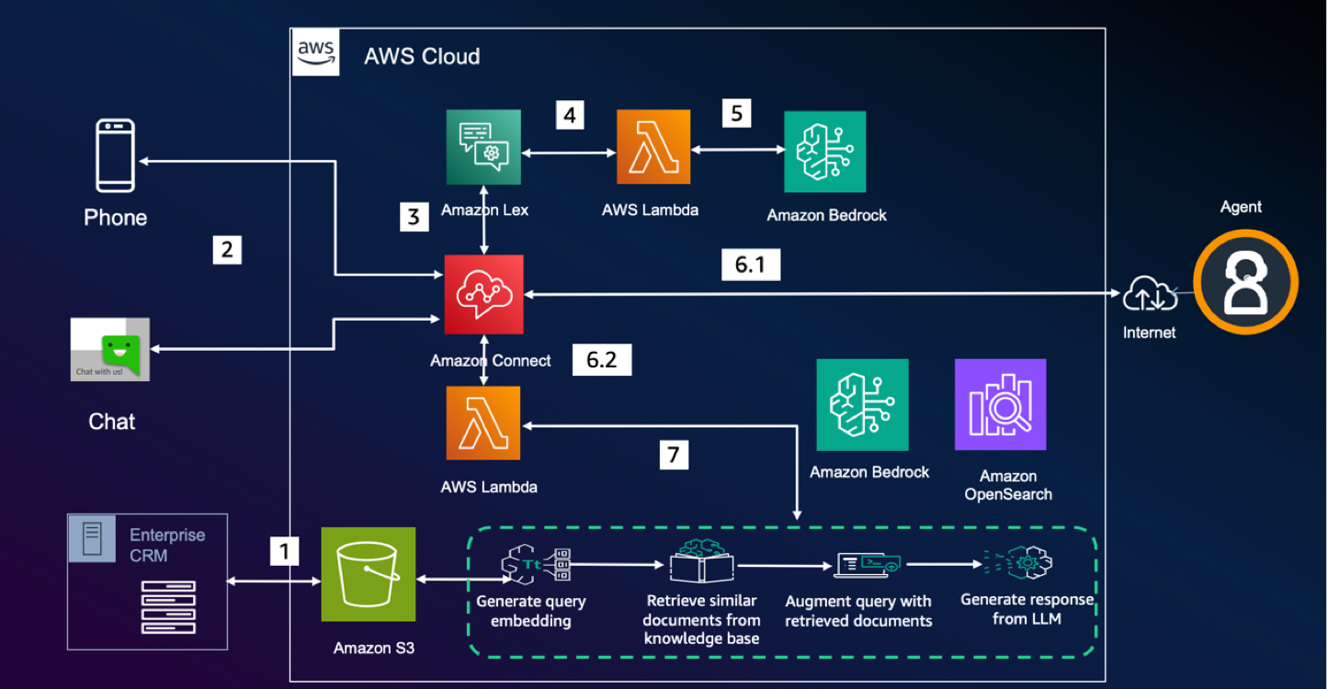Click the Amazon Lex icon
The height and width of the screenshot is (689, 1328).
pyautogui.click(x=483, y=146)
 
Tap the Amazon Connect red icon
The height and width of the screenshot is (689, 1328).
pyautogui.click(x=483, y=294)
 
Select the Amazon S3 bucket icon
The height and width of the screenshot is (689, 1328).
pyautogui.click(x=368, y=574)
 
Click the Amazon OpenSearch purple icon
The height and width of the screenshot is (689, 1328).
pyautogui.click(x=1000, y=404)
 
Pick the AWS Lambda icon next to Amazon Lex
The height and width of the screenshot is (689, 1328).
pyautogui.click(x=653, y=146)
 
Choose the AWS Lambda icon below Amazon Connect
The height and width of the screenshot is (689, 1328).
pyautogui.click(x=483, y=423)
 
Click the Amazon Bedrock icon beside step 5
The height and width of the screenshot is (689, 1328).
pyautogui.click(x=824, y=152)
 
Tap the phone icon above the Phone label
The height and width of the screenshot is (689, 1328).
pyautogui.click(x=116, y=156)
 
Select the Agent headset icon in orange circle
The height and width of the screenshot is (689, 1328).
pyautogui.click(x=1245, y=281)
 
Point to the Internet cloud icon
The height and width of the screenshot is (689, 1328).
pyautogui.click(x=1149, y=297)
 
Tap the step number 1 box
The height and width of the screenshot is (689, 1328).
pyautogui.click(x=285, y=551)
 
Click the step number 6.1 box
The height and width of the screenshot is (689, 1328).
pyautogui.click(x=751, y=265)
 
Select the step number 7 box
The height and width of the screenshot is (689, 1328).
pyautogui.click(x=675, y=454)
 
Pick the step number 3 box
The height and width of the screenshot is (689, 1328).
pyautogui.click(x=414, y=218)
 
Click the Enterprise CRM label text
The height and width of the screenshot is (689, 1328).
pyautogui.click(x=166, y=545)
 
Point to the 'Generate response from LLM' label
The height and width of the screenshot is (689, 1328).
pyautogui.click(x=1027, y=609)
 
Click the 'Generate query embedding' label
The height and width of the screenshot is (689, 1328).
pyautogui.click(x=530, y=611)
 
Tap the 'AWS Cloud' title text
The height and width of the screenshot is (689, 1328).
pyautogui.click(x=422, y=56)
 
